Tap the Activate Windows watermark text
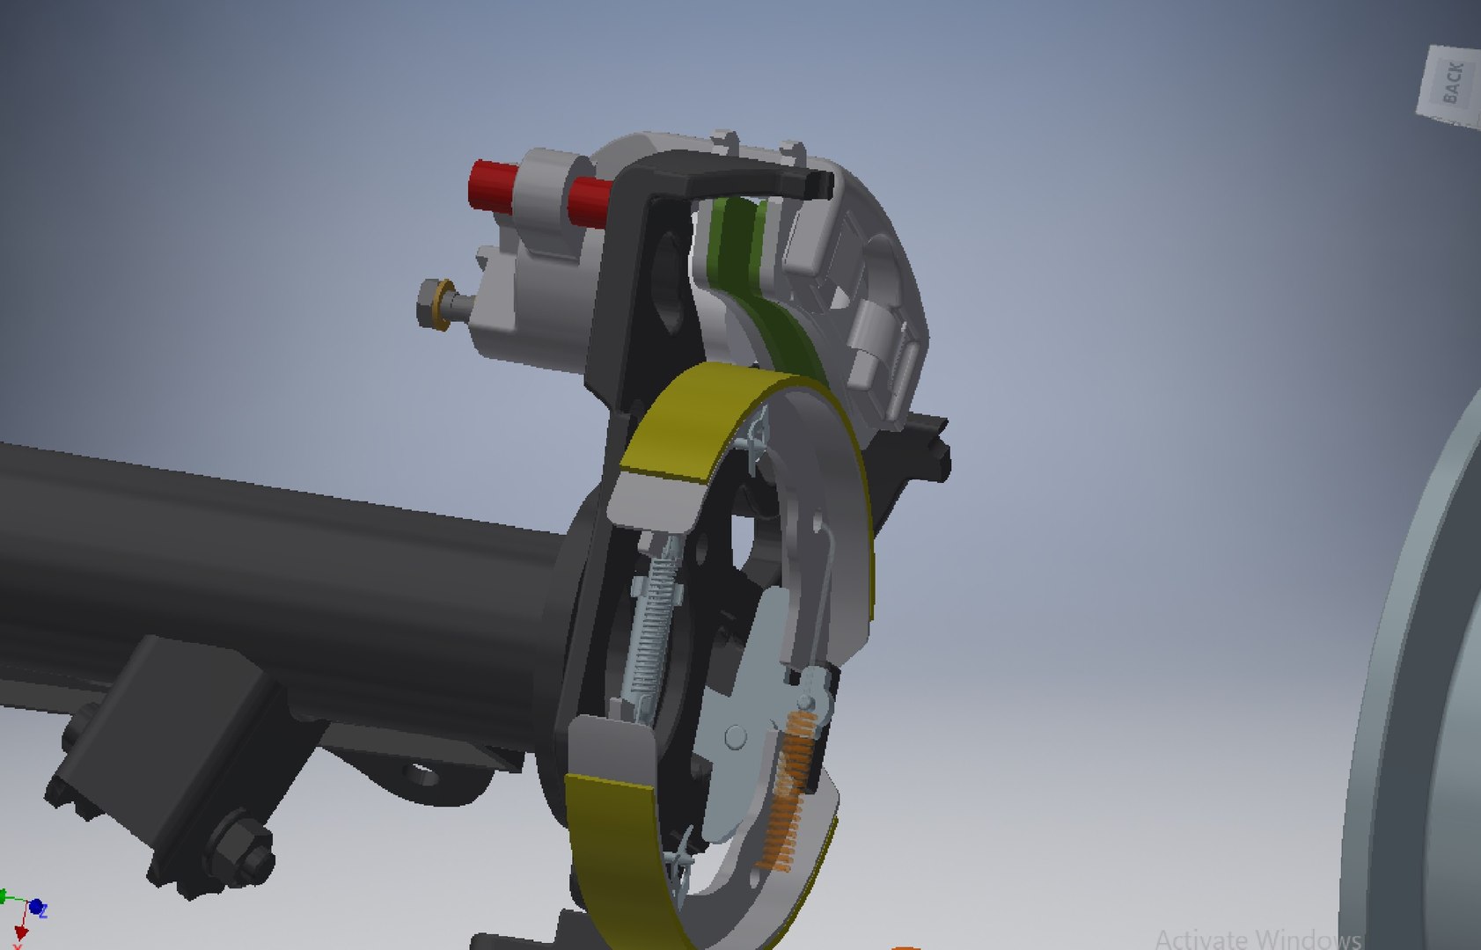(1258, 939)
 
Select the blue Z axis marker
(36, 907)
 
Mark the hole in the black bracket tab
(423, 775)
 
